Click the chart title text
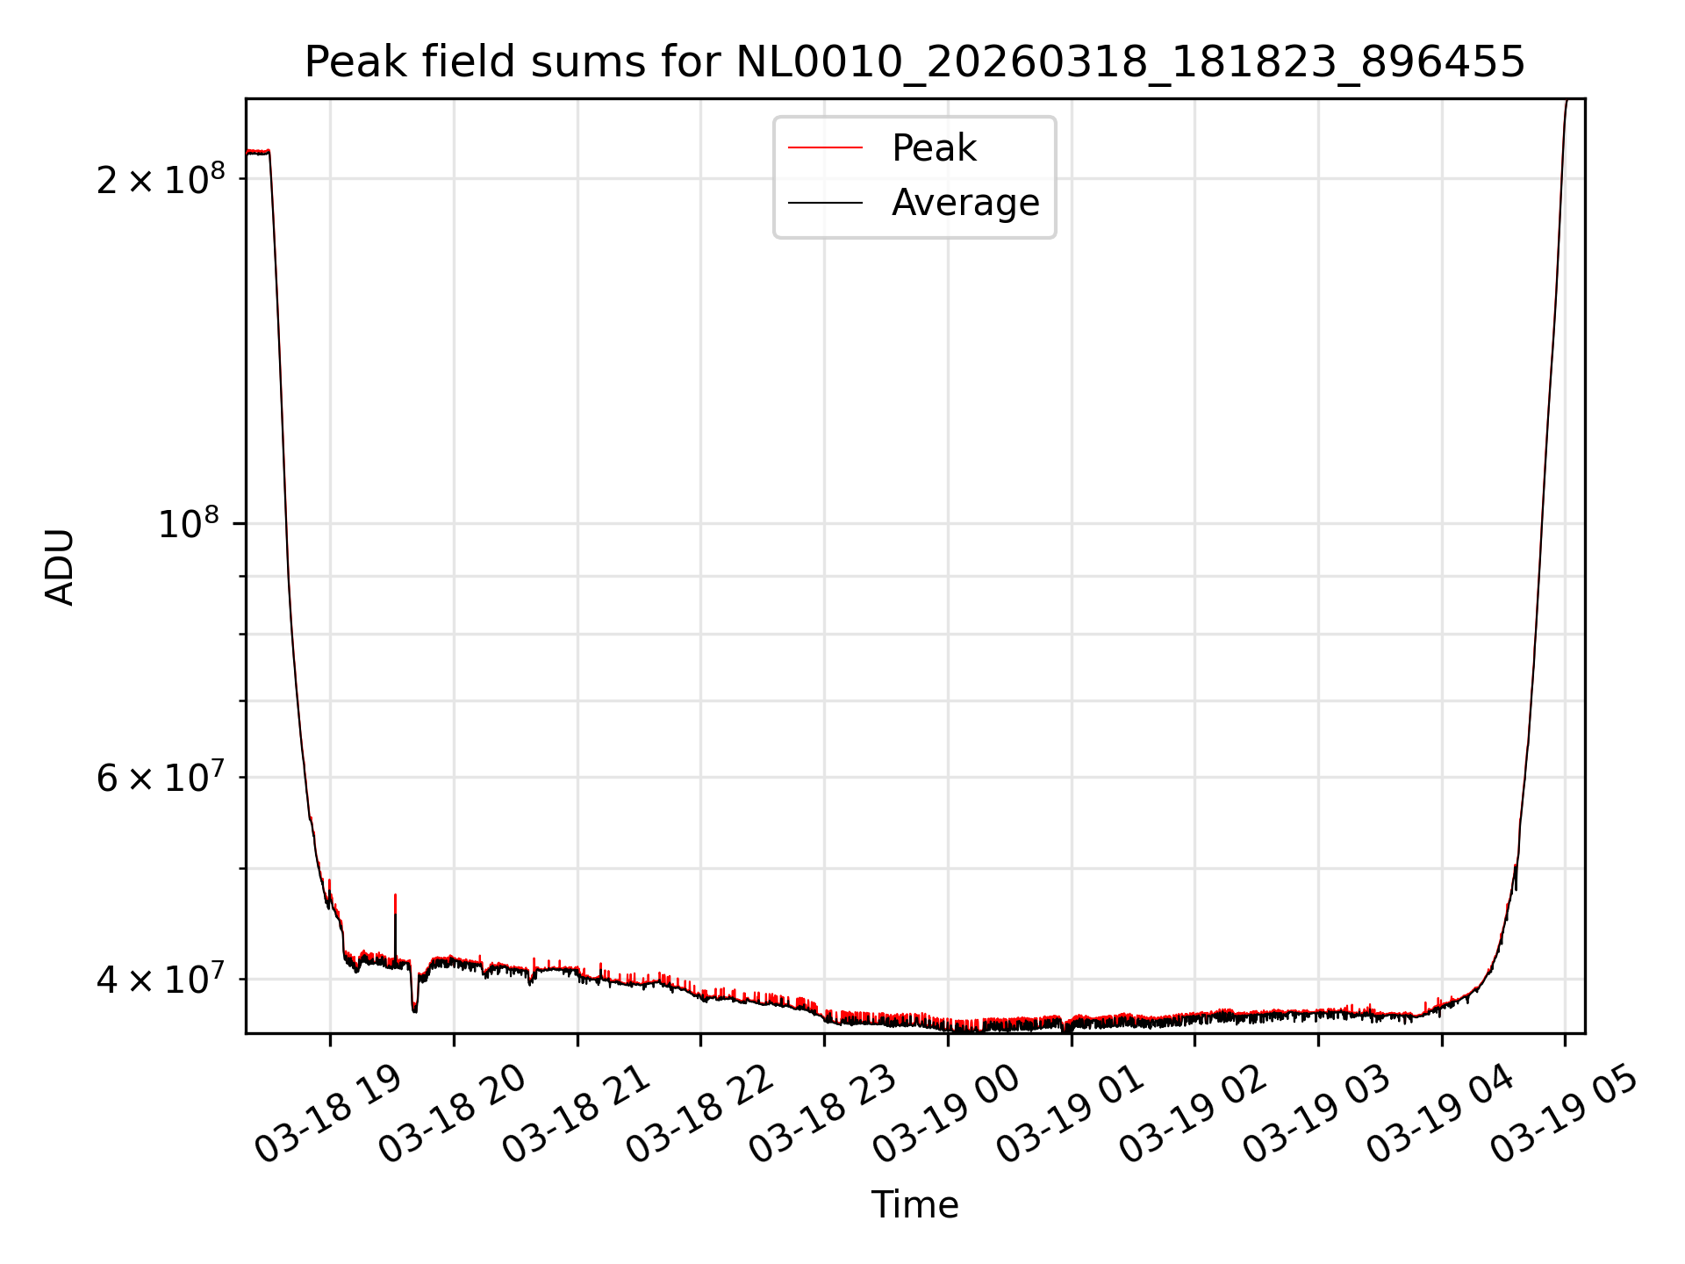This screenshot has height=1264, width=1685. click(x=914, y=62)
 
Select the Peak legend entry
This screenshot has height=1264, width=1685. click(x=933, y=148)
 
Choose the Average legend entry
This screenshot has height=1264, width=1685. click(x=964, y=203)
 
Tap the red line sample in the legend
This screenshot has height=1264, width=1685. click(x=825, y=148)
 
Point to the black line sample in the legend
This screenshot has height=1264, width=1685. click(x=825, y=203)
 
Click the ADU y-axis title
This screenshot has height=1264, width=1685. click(x=60, y=566)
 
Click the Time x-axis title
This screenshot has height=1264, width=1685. click(x=914, y=1204)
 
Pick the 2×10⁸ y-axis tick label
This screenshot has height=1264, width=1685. click(x=160, y=179)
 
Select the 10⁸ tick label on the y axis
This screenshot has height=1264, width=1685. click(x=187, y=524)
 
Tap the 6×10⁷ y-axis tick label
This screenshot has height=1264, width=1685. click(x=160, y=778)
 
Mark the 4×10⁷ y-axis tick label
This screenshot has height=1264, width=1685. click(x=160, y=979)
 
